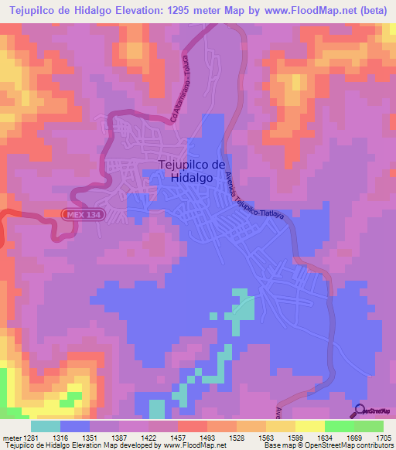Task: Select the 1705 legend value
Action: (x=383, y=437)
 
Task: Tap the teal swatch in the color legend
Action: (x=46, y=426)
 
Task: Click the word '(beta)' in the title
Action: (x=374, y=11)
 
